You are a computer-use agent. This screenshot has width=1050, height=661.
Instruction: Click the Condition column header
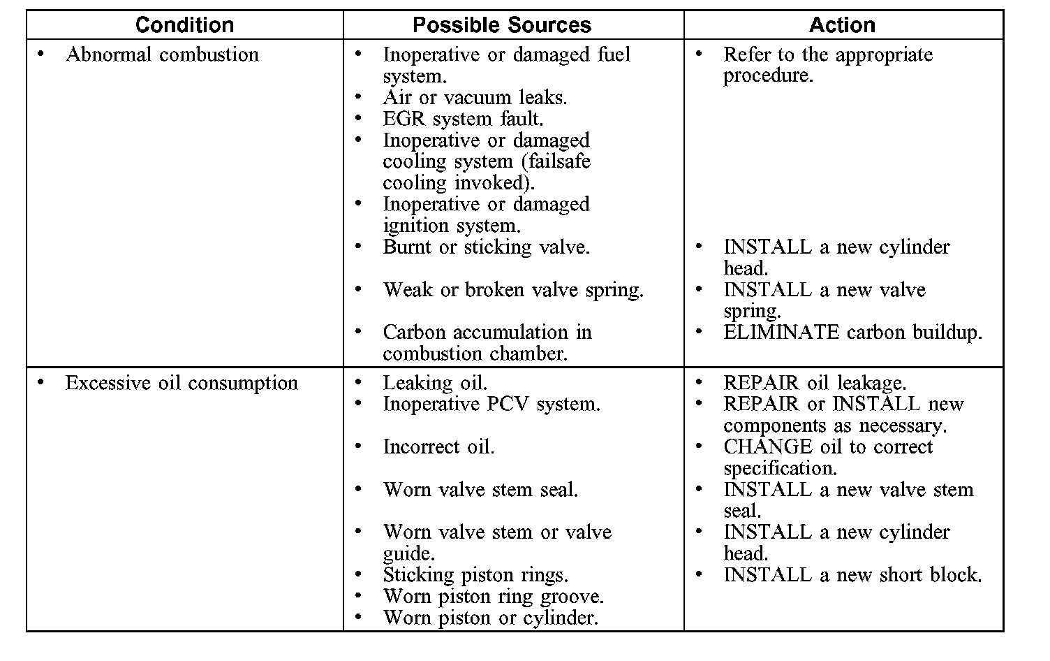click(x=184, y=25)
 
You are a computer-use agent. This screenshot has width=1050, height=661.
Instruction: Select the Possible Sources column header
click(x=502, y=25)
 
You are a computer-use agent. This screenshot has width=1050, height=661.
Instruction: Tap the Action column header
click(x=842, y=25)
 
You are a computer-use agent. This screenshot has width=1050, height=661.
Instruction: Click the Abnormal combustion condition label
click(x=162, y=55)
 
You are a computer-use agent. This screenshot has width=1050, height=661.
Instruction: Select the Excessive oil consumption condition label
click(x=182, y=383)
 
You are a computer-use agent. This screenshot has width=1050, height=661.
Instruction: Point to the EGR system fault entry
click(x=463, y=119)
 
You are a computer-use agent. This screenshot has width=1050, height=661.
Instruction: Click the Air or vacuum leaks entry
click(x=475, y=97)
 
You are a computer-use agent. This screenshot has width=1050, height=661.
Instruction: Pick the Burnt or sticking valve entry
click(x=486, y=247)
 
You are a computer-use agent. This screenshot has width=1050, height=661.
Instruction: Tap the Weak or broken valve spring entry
click(x=513, y=290)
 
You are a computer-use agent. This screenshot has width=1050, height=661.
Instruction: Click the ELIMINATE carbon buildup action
click(x=852, y=333)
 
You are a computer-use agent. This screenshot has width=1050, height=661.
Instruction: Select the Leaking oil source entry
click(x=435, y=383)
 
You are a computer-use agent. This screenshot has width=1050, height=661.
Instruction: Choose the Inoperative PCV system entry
click(x=491, y=404)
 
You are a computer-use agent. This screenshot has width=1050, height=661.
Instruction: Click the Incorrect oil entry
click(x=438, y=447)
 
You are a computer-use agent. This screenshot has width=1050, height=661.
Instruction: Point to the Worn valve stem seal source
click(x=480, y=490)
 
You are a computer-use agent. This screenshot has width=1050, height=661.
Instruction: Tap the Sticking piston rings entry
click(x=475, y=575)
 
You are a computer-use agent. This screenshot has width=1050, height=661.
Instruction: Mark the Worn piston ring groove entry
click(x=493, y=597)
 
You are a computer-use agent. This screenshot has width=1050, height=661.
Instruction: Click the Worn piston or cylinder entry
click(x=490, y=618)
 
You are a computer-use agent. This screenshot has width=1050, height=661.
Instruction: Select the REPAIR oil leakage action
click(x=815, y=383)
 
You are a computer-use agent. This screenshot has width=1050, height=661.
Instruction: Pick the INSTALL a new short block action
click(x=852, y=575)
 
